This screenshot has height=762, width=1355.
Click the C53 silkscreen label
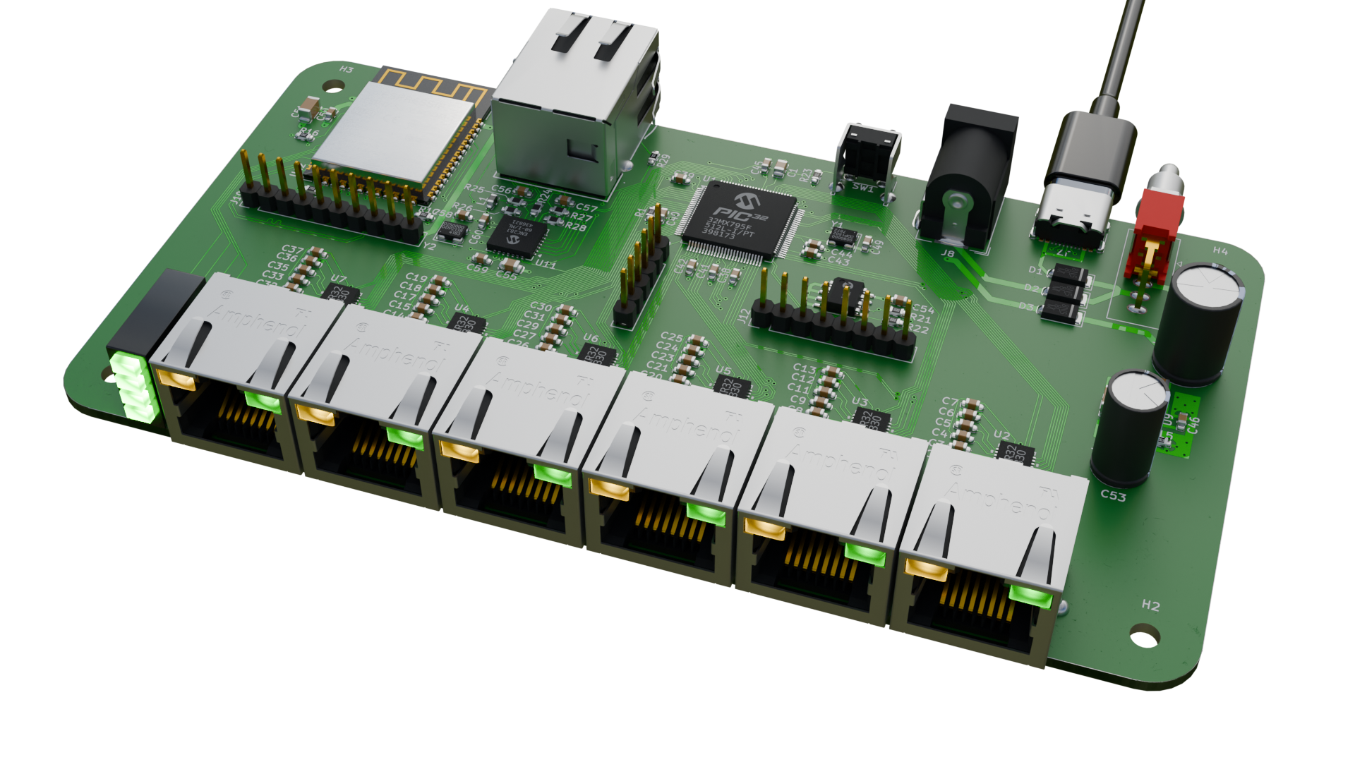[1113, 496]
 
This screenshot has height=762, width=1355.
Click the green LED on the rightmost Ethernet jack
[1030, 595]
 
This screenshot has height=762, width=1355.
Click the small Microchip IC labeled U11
[517, 236]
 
